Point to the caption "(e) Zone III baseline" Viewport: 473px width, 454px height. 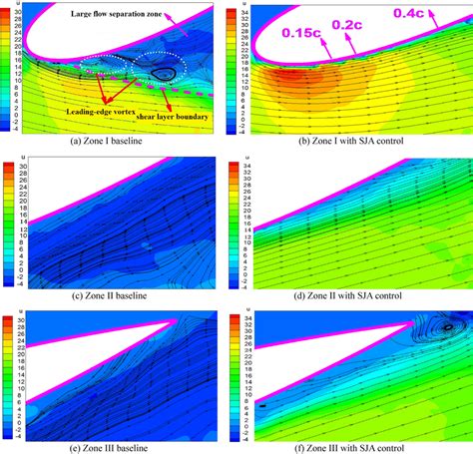119,445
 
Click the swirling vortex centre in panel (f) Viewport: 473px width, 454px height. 446,324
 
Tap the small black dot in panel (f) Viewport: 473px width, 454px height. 262,405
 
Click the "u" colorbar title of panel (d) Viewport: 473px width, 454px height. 242,161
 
